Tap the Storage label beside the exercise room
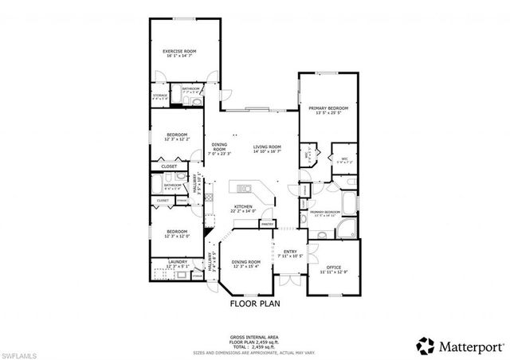click(160, 95)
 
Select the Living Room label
click(268, 147)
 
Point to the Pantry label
click(267, 224)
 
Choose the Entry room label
click(290, 252)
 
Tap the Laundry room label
click(178, 261)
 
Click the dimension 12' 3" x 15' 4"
click(245, 266)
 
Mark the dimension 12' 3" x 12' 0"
click(176, 235)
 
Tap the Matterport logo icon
click(423, 345)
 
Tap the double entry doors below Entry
click(290, 275)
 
